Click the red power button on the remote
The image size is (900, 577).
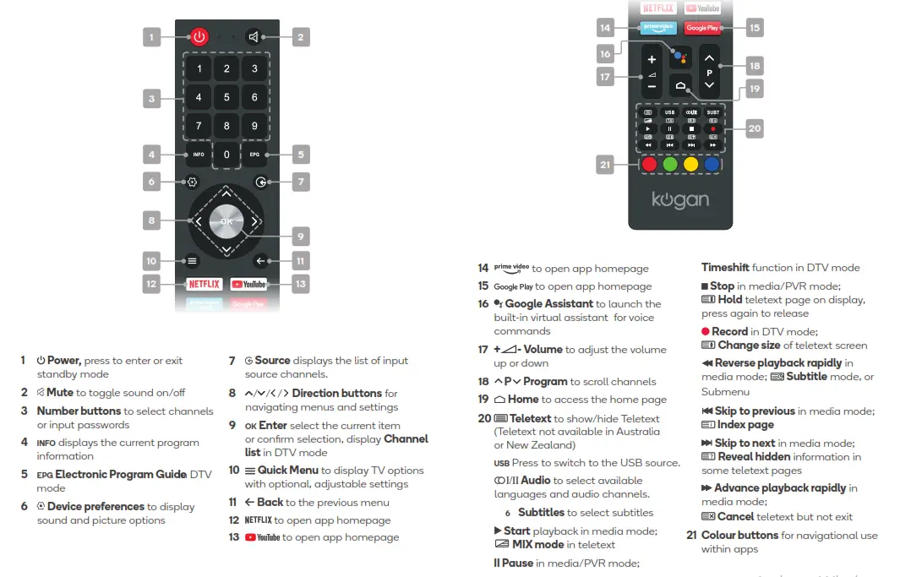tap(199, 36)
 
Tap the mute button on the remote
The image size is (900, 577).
tap(253, 36)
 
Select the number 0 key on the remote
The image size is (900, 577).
tap(226, 155)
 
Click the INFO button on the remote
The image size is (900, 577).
tap(199, 155)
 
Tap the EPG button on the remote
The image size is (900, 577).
tap(254, 155)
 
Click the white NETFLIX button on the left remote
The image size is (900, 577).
tap(204, 285)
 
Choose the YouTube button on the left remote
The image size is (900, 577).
tap(248, 285)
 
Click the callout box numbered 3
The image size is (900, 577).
tap(151, 99)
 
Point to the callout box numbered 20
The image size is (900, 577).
tap(754, 128)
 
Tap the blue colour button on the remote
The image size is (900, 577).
tap(712, 165)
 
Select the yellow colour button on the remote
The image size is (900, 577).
tap(690, 165)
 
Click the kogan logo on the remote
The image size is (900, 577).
tap(680, 200)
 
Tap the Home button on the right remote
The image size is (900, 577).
tap(681, 86)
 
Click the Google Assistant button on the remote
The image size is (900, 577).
tap(681, 56)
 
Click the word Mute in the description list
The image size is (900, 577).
tap(60, 392)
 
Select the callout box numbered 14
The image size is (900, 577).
tap(605, 28)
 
